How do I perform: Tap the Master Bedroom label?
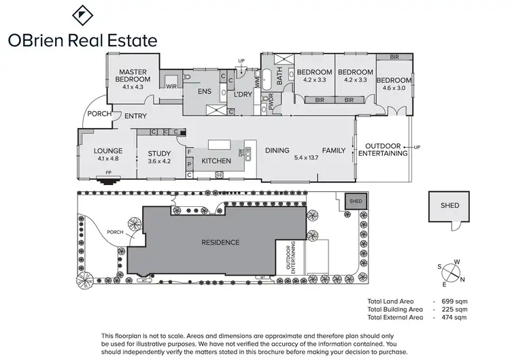point(134,76)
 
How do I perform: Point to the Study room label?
point(159,154)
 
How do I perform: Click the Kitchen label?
point(216,161)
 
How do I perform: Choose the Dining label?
point(277,151)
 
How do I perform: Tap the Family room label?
point(334,151)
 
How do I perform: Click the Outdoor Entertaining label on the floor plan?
point(386,150)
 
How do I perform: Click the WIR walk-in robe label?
point(171,86)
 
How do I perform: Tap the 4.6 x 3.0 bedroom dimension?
point(395,87)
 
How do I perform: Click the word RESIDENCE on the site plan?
point(220,242)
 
